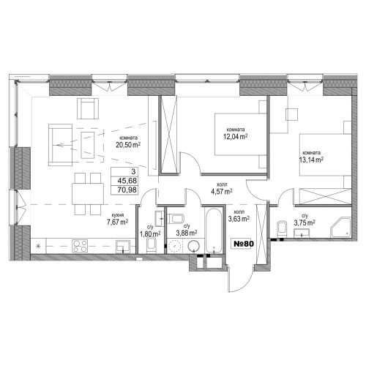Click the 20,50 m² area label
(x=128, y=145)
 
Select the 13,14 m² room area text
(x=311, y=160)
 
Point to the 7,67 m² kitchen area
(x=118, y=222)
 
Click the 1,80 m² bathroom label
(x=150, y=234)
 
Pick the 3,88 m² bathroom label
(x=187, y=234)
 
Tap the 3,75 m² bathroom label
(x=305, y=223)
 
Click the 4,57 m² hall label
(x=221, y=192)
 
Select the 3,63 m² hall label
(x=239, y=219)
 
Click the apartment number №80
(x=244, y=244)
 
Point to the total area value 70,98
(x=127, y=190)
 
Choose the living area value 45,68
(x=127, y=181)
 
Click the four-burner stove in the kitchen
(x=80, y=246)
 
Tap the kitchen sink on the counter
(x=123, y=246)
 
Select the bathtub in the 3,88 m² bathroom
(x=214, y=230)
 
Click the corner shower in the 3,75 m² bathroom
(x=341, y=228)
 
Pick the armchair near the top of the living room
(x=88, y=108)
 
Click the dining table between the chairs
(x=88, y=194)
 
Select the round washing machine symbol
(x=194, y=246)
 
